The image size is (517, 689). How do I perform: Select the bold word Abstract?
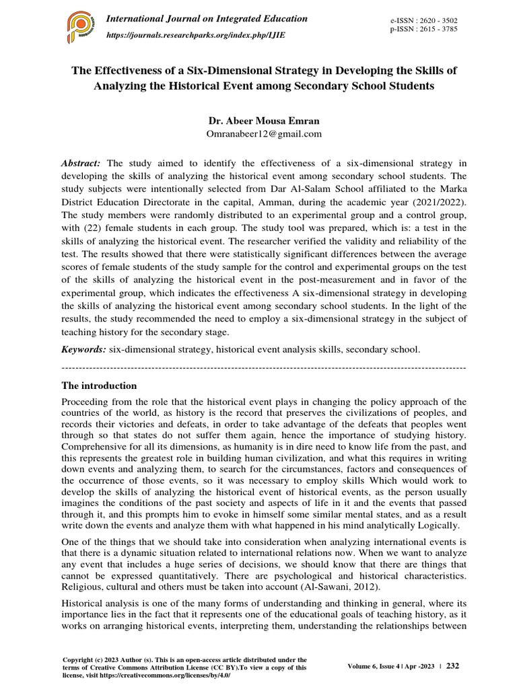pyautogui.click(x=81, y=164)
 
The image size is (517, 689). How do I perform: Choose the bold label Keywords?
pyautogui.click(x=83, y=350)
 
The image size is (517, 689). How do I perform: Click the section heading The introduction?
pyautogui.click(x=99, y=386)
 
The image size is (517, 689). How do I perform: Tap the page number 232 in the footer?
pyautogui.click(x=452, y=666)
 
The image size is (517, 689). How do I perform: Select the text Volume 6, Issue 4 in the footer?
pyautogui.click(x=378, y=667)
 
